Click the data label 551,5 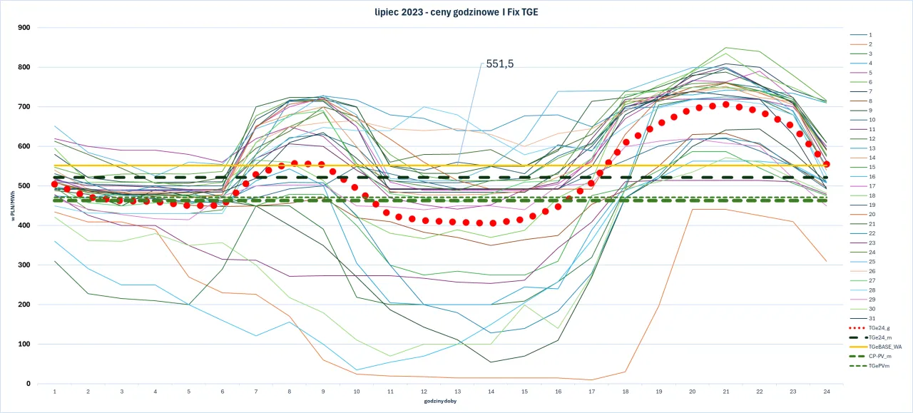(x=499, y=63)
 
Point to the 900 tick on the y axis (x=24, y=28)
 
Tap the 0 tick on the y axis (x=28, y=384)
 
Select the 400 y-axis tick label (x=24, y=225)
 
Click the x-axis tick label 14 (x=491, y=392)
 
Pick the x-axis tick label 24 (x=826, y=392)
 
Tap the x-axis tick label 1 (x=55, y=392)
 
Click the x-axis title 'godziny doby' (x=440, y=402)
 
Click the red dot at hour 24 (x=826, y=164)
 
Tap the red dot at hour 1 (x=55, y=184)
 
